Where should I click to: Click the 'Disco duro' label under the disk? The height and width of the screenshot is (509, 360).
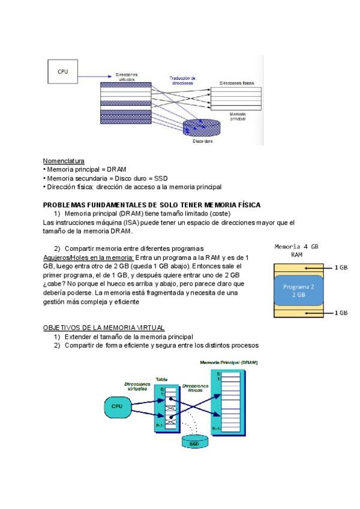coord(204,142)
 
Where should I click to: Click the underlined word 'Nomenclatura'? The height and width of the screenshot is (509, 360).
coord(64,161)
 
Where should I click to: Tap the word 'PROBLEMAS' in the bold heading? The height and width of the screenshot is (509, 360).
coord(65,205)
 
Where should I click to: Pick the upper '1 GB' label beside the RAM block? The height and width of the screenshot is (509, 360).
coord(341,268)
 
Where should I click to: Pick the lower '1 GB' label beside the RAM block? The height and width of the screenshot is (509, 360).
coord(341,313)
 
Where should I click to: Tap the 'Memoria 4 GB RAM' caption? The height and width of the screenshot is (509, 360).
coord(296,250)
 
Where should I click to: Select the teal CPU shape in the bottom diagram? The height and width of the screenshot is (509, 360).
coord(117,406)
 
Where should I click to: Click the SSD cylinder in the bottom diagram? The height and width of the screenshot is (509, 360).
coord(194,444)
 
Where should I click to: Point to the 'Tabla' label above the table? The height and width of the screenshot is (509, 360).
coord(161,379)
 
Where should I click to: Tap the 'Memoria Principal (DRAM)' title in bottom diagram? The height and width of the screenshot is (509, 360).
coord(229,363)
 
